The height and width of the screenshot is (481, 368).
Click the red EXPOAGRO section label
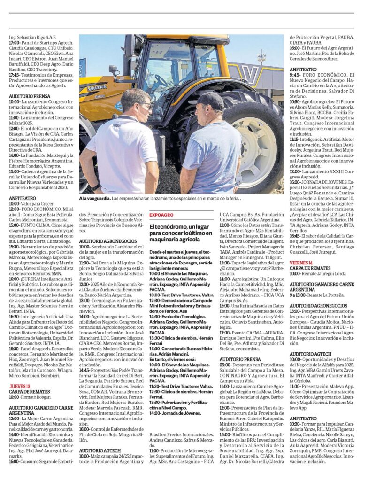tap(161, 215)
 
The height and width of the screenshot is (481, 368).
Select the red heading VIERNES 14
tap(301, 263)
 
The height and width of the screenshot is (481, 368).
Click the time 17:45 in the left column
tap(14, 74)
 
